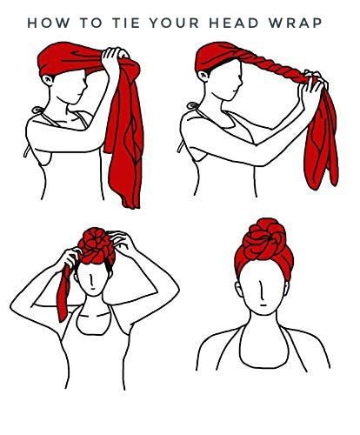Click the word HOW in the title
49,23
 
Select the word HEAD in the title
234,23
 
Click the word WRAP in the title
296,23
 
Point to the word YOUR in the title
175,23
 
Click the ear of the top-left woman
49,80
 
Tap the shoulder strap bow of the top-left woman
37,110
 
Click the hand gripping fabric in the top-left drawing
115,59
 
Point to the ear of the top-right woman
203,76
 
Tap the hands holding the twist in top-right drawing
313,84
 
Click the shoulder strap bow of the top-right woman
192,105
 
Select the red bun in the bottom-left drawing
96,245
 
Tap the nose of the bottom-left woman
91,280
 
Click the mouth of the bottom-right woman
263,305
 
